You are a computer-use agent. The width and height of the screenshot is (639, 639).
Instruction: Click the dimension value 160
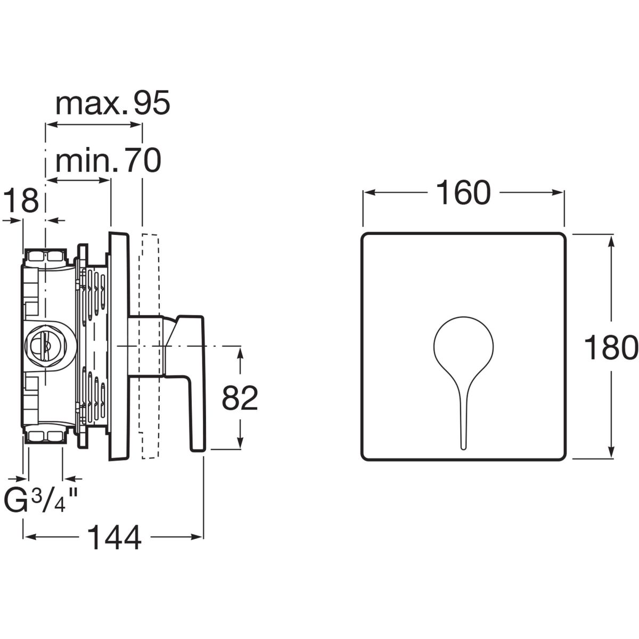point(463,193)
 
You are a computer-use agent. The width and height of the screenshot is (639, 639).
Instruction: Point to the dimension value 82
point(240,398)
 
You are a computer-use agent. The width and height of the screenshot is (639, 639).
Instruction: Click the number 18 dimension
point(22,200)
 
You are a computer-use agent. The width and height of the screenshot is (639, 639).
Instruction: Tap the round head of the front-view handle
point(463,345)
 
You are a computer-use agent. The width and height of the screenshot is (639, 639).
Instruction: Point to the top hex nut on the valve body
point(46,257)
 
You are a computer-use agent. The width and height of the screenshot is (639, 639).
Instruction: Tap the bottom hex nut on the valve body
point(46,436)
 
